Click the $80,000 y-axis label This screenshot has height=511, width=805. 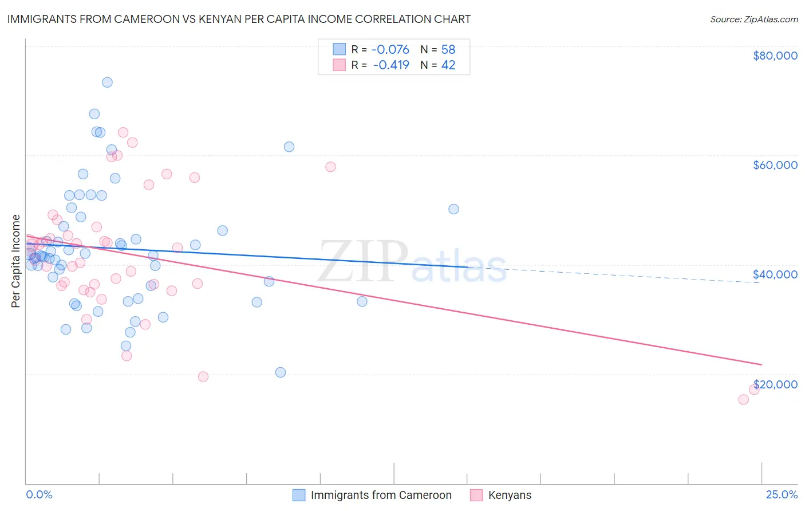pos(775,56)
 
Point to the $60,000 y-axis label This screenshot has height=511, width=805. pos(775,165)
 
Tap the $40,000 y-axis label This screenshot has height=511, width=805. pos(775,274)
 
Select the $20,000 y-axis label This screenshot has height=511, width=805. pos(775,384)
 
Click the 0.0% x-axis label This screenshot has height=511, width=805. pos(39,495)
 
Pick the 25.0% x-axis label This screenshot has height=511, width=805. pos(782,495)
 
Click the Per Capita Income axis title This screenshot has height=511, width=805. pos(16,261)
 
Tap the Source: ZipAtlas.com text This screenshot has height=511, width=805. pos(753,19)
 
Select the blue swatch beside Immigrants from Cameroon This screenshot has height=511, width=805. pos(299,495)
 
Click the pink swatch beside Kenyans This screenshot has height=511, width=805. pos(476,495)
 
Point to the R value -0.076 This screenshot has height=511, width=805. pos(390,50)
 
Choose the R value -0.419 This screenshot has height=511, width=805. pos(390,65)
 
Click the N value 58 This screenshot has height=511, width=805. pos(448,50)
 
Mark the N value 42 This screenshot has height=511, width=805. pos(448,65)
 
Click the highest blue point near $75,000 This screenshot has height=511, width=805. pos(107,82)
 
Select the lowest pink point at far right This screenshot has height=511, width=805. pos(743,399)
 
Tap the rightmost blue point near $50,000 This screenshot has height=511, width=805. pos(453,209)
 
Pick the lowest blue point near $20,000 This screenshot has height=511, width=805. pos(281,372)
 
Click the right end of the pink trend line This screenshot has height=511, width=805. pos(761,364)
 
